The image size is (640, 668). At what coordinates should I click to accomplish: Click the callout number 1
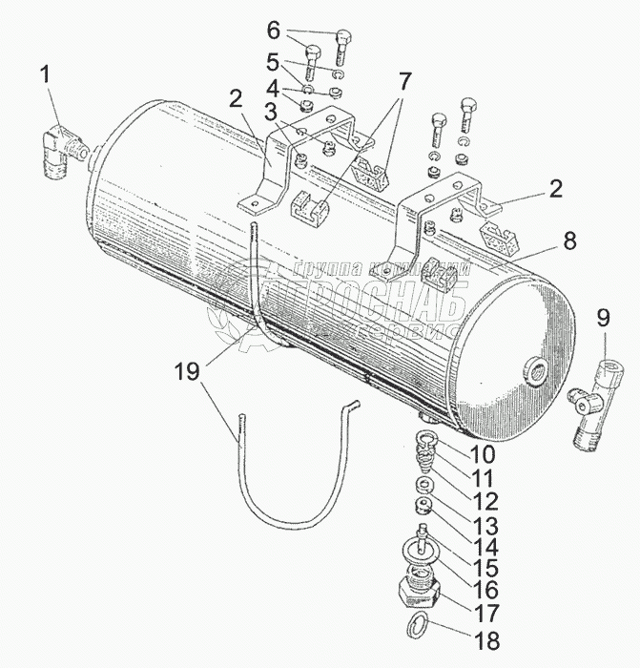pyautogui.click(x=44, y=73)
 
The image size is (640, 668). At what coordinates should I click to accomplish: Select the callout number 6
pyautogui.click(x=299, y=30)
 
